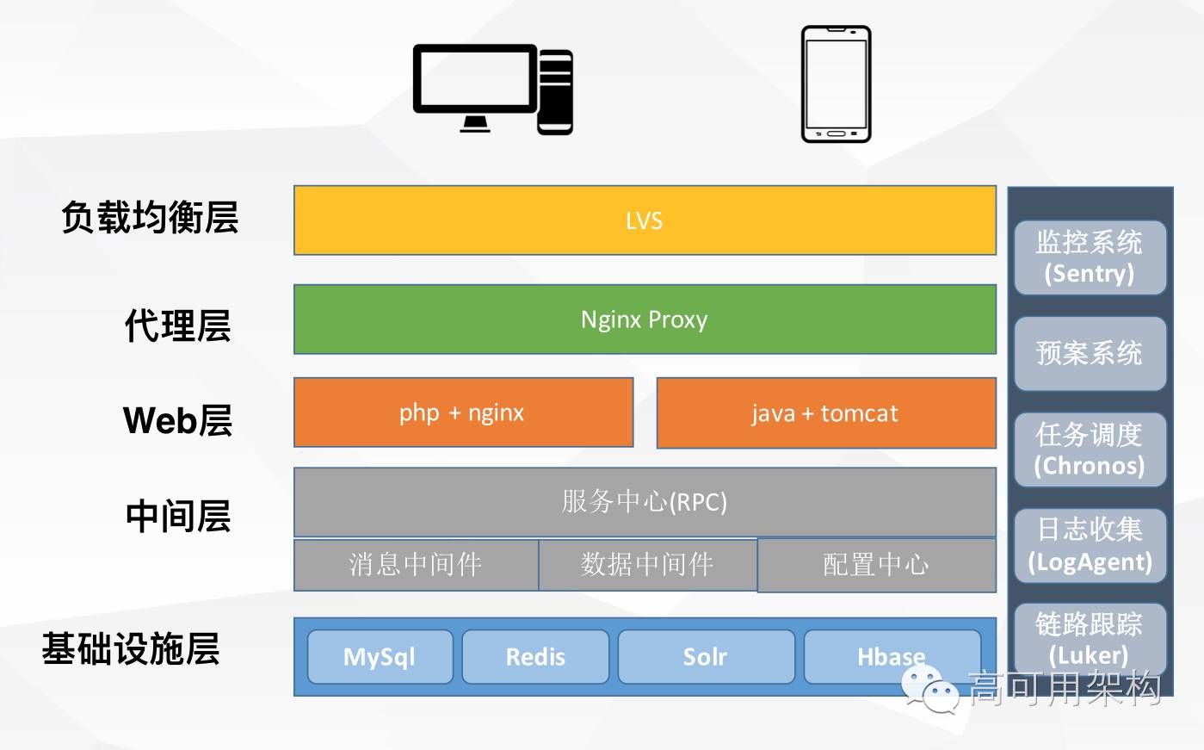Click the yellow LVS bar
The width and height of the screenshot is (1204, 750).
(x=645, y=220)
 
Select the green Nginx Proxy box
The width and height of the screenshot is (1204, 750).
(x=645, y=319)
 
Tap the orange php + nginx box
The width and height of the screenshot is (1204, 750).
(x=463, y=412)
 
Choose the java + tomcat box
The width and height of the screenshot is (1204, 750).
(x=826, y=413)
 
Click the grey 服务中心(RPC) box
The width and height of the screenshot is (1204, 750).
(x=645, y=502)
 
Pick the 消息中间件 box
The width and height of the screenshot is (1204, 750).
(x=416, y=565)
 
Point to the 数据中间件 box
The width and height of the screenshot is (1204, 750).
(x=647, y=565)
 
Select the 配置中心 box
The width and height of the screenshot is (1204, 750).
(x=876, y=565)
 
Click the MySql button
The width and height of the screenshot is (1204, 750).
(x=380, y=657)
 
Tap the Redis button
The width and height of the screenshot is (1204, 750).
(x=535, y=657)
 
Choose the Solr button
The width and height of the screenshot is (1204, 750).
(x=706, y=657)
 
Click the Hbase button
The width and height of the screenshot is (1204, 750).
(x=892, y=657)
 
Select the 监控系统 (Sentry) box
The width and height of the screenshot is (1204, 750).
(x=1090, y=257)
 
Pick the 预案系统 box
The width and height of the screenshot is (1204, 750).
(x=1090, y=353)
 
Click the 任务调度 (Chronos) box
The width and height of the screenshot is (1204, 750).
(x=1090, y=449)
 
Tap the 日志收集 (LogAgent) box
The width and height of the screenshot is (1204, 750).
(x=1090, y=546)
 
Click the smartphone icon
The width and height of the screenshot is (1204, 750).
(x=836, y=84)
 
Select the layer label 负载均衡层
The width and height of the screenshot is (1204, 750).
(x=150, y=218)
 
